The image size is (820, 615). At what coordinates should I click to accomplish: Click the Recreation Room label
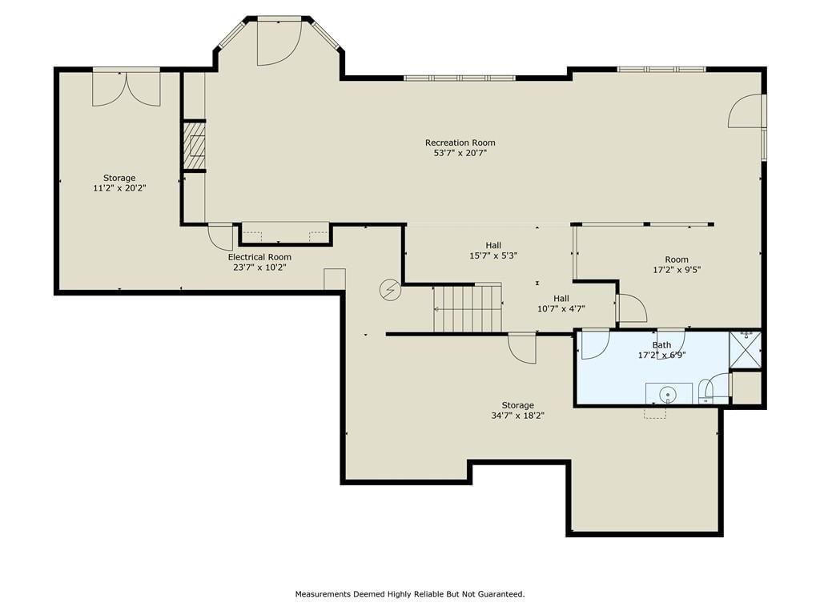(460, 143)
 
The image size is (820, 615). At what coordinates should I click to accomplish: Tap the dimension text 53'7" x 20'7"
(460, 153)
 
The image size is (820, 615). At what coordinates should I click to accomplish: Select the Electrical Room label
(259, 257)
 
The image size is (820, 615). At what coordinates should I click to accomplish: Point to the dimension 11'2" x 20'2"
(119, 188)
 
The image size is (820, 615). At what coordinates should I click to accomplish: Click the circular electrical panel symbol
(390, 290)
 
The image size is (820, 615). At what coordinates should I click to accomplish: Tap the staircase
(467, 308)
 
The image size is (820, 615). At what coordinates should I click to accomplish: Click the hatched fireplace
(194, 146)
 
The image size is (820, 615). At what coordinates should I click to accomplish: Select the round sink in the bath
(668, 393)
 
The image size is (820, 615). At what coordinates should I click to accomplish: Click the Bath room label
(661, 344)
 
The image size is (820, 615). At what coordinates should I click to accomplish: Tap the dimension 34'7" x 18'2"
(518, 416)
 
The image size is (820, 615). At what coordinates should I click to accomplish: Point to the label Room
(677, 259)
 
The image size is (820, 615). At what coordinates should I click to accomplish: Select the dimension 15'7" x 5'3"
(493, 255)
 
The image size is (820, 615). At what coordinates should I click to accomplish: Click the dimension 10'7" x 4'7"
(561, 309)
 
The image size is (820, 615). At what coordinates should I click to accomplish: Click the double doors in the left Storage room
(126, 89)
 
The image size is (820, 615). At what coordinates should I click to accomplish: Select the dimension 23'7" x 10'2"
(259, 267)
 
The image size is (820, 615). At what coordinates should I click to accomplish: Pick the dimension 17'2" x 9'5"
(677, 270)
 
